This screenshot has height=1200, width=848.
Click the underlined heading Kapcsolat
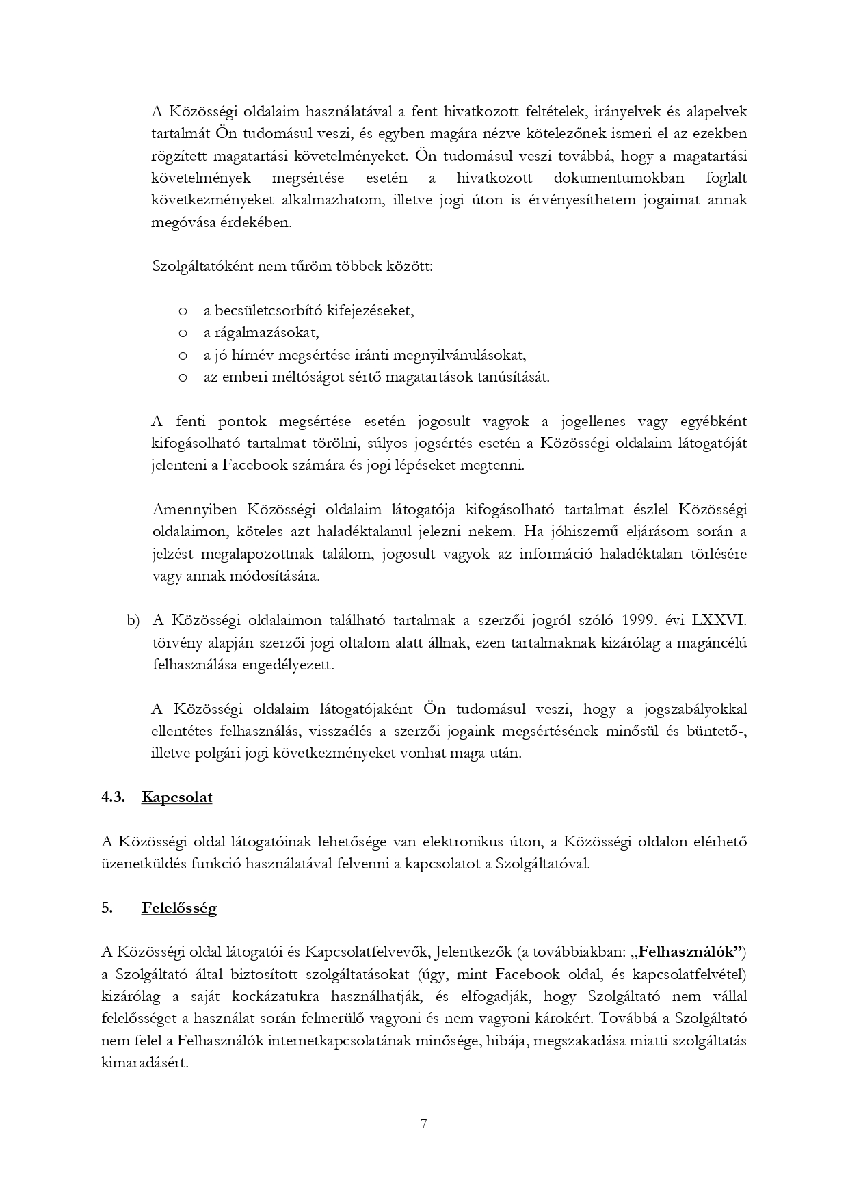(176, 797)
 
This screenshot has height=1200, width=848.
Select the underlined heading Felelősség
(179, 909)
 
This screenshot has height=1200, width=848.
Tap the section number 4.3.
(113, 797)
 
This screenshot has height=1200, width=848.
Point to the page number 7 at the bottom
(424, 1123)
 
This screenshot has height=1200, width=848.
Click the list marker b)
(133, 620)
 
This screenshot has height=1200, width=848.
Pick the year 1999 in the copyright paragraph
(639, 620)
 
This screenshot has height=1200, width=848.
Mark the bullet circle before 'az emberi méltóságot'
(183, 377)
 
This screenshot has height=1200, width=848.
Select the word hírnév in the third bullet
(254, 355)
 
